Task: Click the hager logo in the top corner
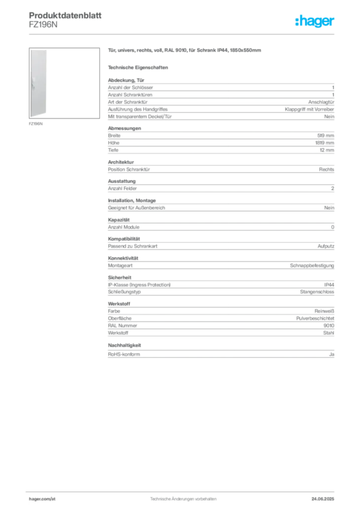click(315, 21)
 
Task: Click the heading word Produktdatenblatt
click(65, 15)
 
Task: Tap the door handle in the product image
click(33, 84)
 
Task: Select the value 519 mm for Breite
click(326, 136)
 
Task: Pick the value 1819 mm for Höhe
click(325, 143)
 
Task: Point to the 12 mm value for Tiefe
click(327, 150)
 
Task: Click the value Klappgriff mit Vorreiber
click(309, 109)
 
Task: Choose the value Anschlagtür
click(321, 102)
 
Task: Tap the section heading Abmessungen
click(125, 128)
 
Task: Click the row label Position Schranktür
click(129, 170)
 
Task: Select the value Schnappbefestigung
click(312, 265)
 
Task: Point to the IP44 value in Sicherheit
click(329, 285)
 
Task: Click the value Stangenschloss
click(317, 292)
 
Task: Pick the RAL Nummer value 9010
click(329, 326)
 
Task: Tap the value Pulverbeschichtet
click(315, 319)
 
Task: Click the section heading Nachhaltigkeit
click(124, 345)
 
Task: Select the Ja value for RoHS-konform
click(332, 354)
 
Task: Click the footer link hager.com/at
click(42, 499)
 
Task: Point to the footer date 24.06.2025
click(323, 499)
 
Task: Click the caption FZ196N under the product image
click(36, 124)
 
